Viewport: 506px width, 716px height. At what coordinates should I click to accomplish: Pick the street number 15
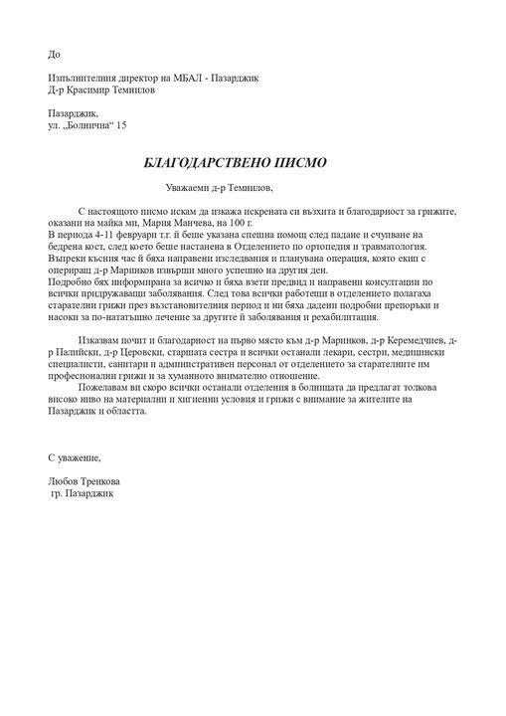[121, 126]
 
